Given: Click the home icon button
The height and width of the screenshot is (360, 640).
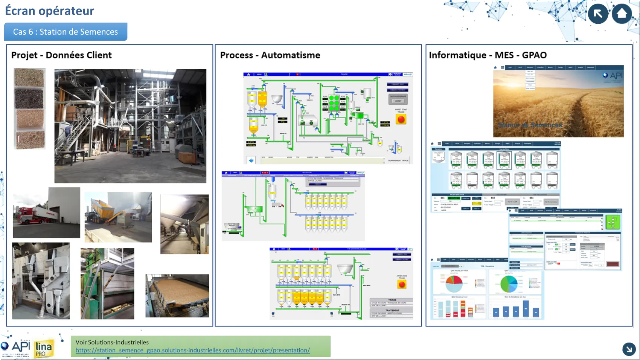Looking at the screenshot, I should [x=622, y=14].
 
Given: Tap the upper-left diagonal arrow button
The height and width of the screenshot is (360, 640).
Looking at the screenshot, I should [x=598, y=14].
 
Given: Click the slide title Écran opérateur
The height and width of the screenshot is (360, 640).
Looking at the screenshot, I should [x=50, y=11].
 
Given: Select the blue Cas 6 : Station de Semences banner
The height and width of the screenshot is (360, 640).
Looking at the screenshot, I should [x=66, y=32].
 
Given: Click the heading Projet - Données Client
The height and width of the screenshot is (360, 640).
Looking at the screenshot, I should [x=61, y=55].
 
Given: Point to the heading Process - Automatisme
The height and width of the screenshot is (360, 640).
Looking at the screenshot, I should [x=270, y=55].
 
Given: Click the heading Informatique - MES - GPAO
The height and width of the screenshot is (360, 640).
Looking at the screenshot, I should [x=488, y=55].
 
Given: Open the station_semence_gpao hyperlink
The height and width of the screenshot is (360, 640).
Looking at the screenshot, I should [x=192, y=350].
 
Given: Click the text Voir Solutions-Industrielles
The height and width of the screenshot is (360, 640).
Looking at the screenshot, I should [x=112, y=342].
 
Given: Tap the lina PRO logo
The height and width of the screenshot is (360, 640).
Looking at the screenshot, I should [x=43, y=348].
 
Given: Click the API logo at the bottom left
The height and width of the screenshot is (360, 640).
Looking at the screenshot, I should [x=16, y=346].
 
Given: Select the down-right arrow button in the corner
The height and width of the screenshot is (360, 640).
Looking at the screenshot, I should [x=629, y=349].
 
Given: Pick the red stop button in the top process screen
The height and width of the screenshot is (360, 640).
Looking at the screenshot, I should [x=401, y=119].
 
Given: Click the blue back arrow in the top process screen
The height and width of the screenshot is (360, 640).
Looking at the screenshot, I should [x=251, y=160].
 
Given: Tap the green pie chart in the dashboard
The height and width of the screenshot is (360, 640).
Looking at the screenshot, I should [x=509, y=284].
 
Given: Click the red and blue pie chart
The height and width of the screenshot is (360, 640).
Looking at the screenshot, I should [x=454, y=284].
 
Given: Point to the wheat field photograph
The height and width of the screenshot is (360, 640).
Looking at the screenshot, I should [x=558, y=102].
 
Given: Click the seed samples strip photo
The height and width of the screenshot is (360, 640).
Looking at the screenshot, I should [x=30, y=108].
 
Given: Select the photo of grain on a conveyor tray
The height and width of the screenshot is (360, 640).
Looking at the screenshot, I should [x=177, y=296].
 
